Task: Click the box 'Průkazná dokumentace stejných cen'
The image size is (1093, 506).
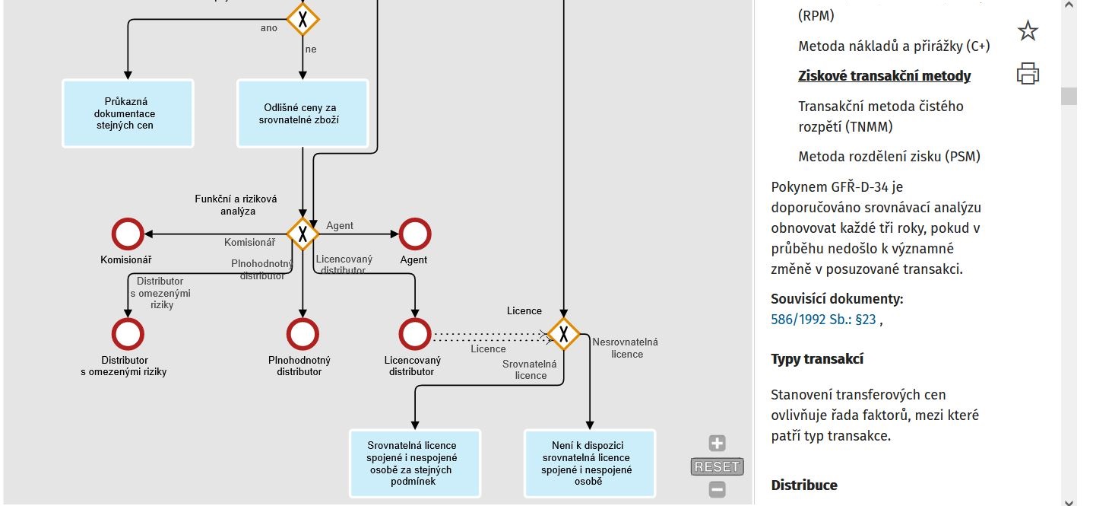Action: (x=128, y=113)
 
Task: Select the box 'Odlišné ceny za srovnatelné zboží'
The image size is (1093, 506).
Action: (x=303, y=113)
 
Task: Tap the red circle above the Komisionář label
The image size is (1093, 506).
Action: (x=127, y=234)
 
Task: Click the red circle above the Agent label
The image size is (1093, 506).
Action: (x=415, y=234)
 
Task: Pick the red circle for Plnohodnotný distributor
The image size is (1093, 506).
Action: (x=303, y=334)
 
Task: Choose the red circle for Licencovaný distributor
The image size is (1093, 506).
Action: (x=415, y=334)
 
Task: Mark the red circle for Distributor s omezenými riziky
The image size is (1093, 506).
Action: (x=127, y=334)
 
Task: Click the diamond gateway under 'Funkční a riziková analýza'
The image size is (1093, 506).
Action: (x=303, y=234)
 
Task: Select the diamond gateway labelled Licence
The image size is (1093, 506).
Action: (x=563, y=334)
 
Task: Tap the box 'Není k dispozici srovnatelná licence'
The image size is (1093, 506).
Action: (x=589, y=463)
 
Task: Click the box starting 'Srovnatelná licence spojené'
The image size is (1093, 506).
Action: (x=415, y=463)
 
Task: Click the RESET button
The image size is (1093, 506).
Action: (x=717, y=466)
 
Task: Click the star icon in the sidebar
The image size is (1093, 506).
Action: (x=1028, y=31)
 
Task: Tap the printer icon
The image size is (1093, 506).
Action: (x=1028, y=74)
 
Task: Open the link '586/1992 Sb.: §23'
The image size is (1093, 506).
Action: (x=823, y=320)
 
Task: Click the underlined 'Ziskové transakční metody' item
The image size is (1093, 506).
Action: (x=884, y=75)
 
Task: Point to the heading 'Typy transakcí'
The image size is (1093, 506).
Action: (x=817, y=359)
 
